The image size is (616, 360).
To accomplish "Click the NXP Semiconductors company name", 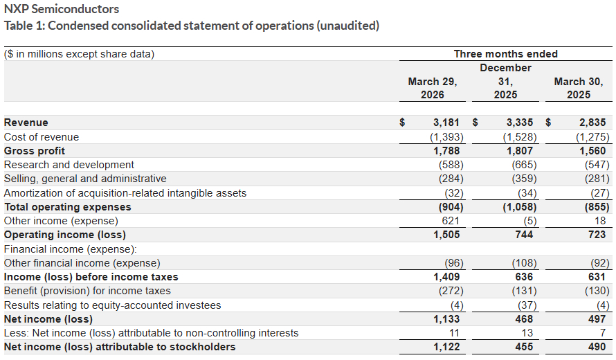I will (x=62, y=9).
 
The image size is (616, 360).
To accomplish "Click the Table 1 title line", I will (x=192, y=26).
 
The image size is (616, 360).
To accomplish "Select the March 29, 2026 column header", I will (x=433, y=88).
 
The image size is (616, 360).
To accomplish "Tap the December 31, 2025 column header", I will (x=505, y=81).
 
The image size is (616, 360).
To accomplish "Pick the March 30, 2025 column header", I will (x=579, y=88).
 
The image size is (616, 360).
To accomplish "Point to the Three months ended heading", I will (x=505, y=54).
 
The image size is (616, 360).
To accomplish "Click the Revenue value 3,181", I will (x=446, y=123).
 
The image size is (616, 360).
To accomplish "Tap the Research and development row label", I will (x=69, y=165).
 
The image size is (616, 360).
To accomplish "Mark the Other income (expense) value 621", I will (x=451, y=221).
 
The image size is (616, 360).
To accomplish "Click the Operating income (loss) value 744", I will (x=524, y=235).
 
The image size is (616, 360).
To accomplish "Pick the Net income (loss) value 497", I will (x=597, y=319).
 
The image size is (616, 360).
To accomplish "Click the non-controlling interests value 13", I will (x=527, y=333).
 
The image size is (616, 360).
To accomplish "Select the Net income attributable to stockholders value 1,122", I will (x=446, y=347).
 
